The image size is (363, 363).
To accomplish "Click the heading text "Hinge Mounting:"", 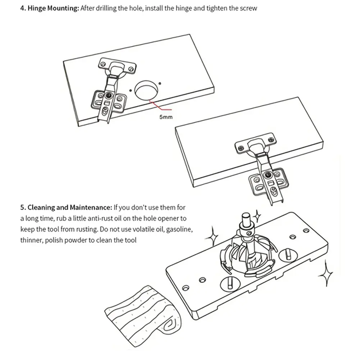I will click(49, 8).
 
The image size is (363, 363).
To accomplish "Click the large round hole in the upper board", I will click(147, 89).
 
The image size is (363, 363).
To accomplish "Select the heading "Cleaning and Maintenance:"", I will click(66, 207).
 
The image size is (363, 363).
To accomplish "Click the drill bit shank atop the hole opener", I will click(247, 219).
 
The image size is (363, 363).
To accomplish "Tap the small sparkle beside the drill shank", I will click(257, 216).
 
